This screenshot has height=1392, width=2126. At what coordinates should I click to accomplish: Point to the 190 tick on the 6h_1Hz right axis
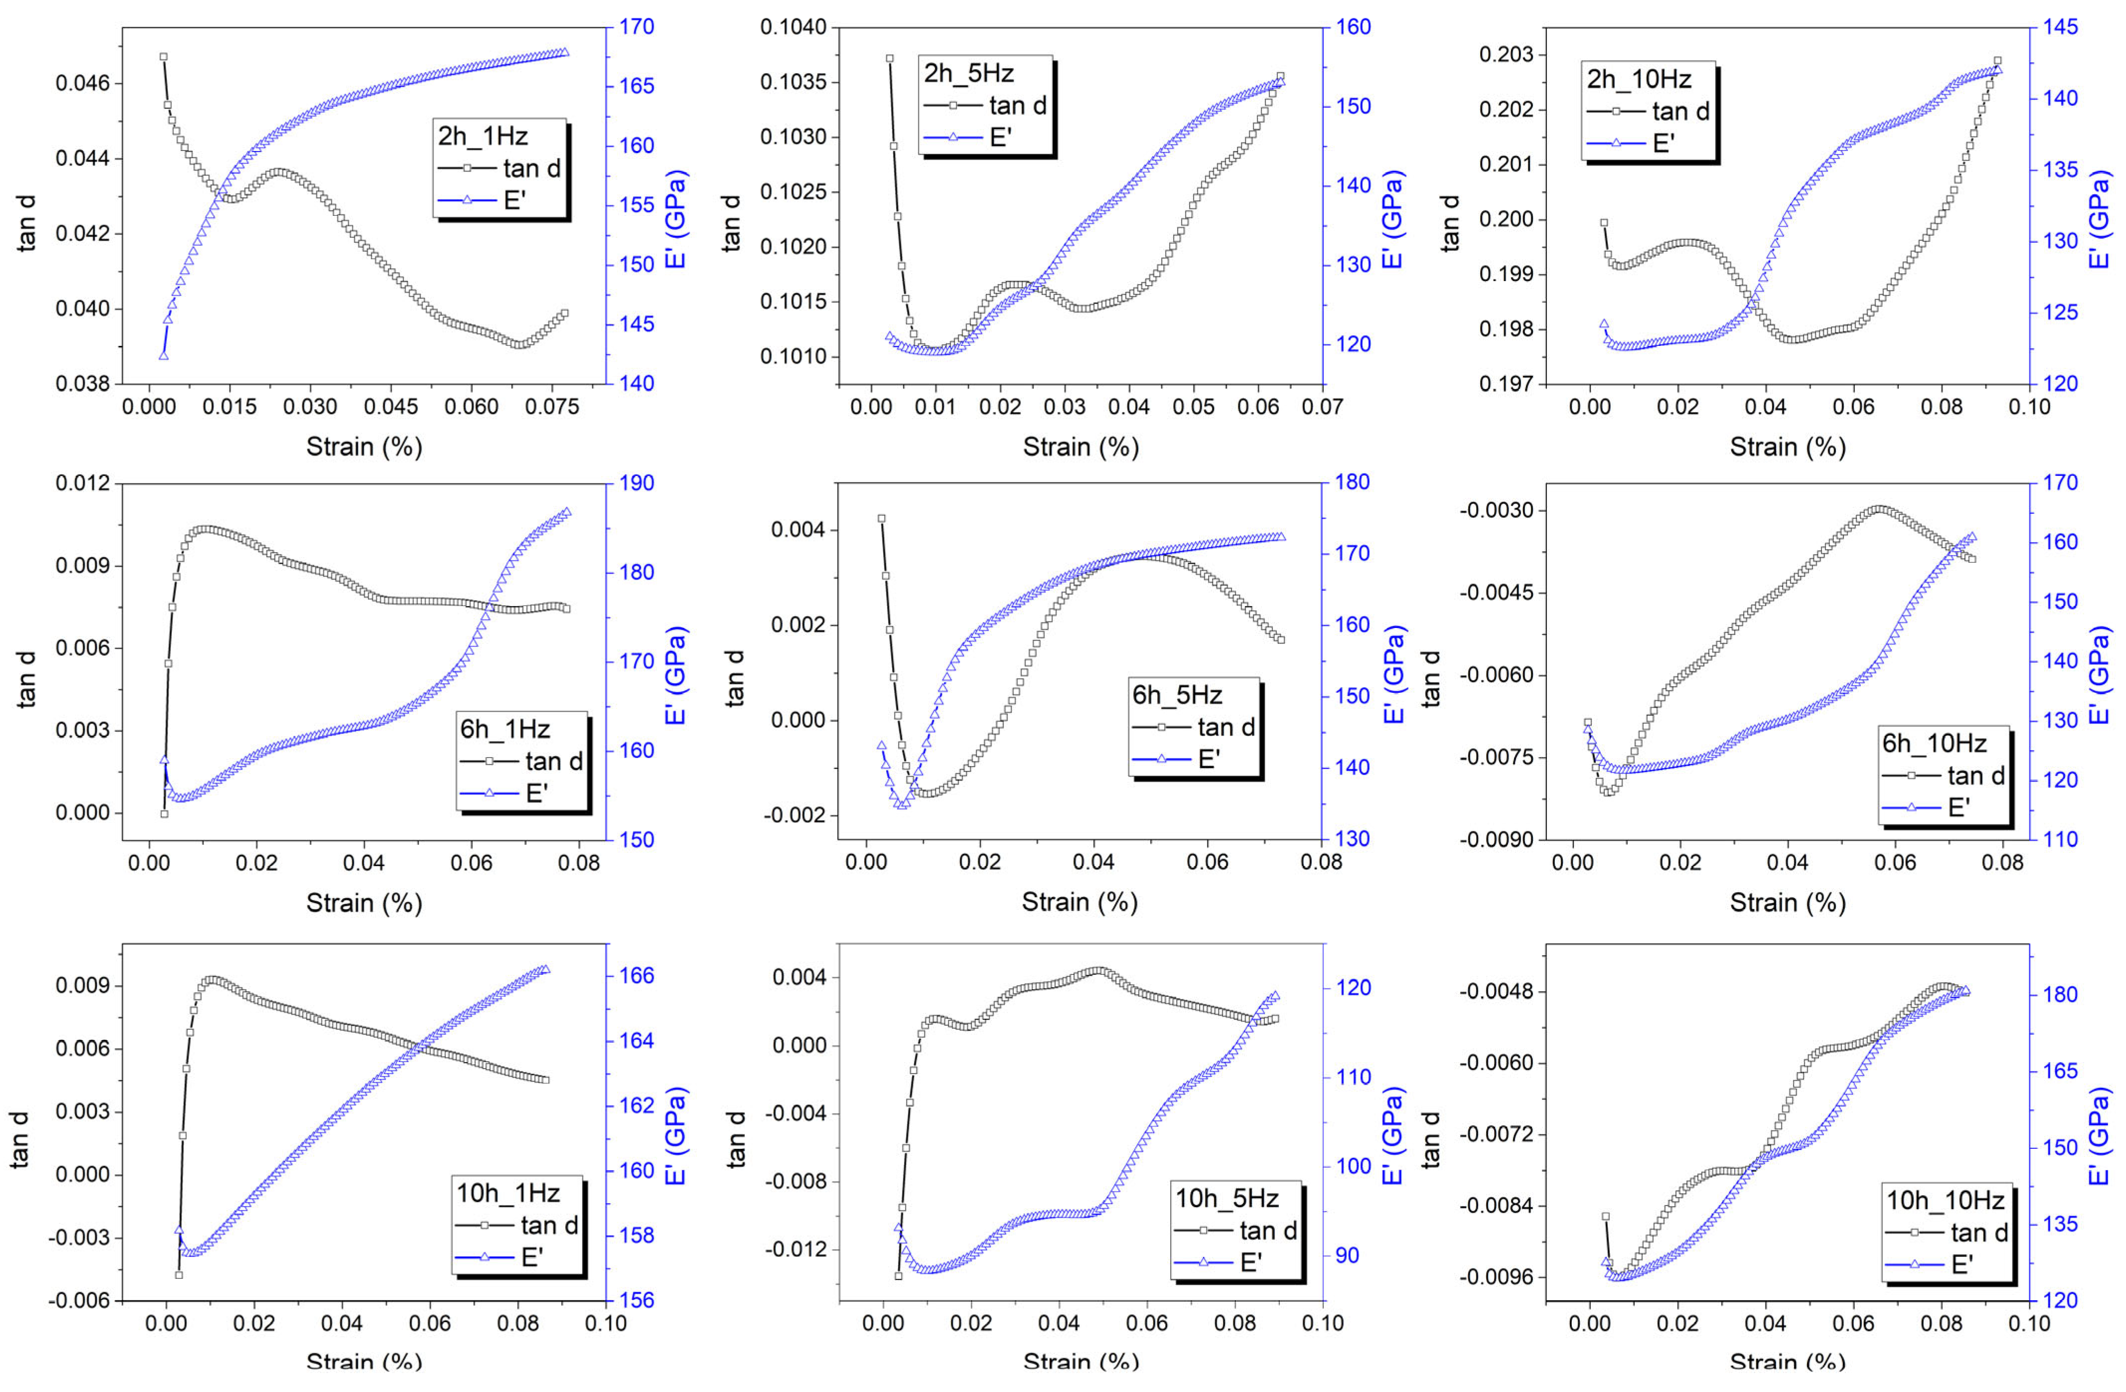click(x=636, y=482)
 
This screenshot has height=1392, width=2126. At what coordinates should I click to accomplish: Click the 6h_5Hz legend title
click(x=1177, y=694)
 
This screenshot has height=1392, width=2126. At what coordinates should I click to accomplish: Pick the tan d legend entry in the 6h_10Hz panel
click(x=1976, y=775)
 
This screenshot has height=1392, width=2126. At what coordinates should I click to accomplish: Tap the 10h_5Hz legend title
click(x=1226, y=1198)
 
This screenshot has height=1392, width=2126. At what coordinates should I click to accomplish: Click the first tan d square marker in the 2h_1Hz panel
click(x=163, y=56)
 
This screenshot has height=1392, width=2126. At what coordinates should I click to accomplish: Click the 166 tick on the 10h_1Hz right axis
click(x=636, y=976)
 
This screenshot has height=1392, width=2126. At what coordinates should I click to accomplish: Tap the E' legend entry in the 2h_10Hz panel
click(x=1663, y=143)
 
